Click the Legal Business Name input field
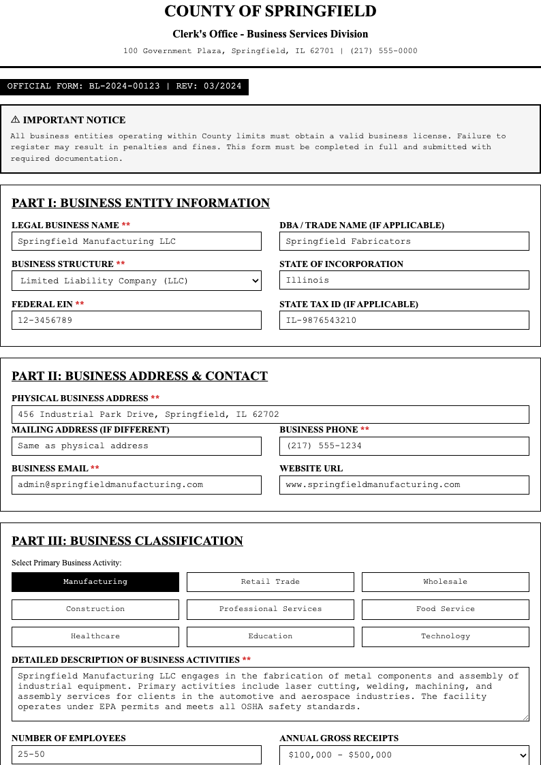coord(136,241)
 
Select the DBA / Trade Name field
coord(404,241)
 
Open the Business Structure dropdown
coord(136,281)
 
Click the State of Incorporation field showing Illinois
coord(404,280)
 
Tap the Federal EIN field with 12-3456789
coord(136,320)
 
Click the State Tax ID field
coord(404,320)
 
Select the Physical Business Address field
coord(270,414)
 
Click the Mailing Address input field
coord(136,446)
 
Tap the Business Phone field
coord(404,446)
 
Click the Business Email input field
coord(136,485)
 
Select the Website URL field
coord(404,485)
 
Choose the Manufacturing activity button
coord(95,582)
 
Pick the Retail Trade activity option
coord(270,582)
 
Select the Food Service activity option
coord(445,609)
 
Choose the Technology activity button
coord(445,636)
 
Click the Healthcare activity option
coord(95,636)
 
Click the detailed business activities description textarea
coord(270,693)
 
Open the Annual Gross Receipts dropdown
coord(404,755)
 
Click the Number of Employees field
coord(136,755)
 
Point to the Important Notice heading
coord(68,120)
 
